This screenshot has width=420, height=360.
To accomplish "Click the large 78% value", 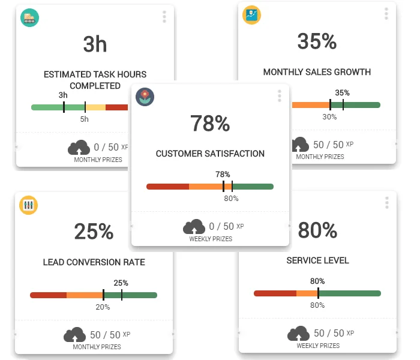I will pos(210,124).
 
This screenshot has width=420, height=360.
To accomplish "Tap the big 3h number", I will pos(95,44).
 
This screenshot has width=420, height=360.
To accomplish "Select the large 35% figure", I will pos(317,41).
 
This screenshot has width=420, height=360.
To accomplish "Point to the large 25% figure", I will pos(94,232).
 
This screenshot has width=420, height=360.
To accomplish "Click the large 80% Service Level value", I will pos(317,230).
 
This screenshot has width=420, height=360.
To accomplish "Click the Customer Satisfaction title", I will pos(210,154).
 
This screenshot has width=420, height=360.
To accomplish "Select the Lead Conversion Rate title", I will pos(94,262).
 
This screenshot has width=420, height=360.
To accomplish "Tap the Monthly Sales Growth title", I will pos(317,72).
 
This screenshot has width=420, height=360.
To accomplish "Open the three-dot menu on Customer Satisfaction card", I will pos(279,96).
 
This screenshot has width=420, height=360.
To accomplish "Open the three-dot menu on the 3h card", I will pos(164,17).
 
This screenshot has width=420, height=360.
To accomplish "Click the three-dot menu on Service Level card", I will pos(387,203).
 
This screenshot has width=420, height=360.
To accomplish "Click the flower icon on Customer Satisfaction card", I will pos(144,97).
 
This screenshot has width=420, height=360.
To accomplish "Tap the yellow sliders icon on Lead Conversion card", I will pos(28,205).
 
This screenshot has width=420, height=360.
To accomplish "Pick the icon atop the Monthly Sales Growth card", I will pos(251,15).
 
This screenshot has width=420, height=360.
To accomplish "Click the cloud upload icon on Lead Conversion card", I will pos(75,335).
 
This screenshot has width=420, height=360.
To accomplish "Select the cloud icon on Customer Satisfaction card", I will pos(194,227).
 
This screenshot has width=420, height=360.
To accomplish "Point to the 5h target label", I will pos(85,119).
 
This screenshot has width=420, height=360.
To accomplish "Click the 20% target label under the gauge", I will pos(103,307).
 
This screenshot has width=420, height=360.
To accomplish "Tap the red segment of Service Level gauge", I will pos(275,293).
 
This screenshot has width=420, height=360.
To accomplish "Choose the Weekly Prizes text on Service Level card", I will pos(317,346).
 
